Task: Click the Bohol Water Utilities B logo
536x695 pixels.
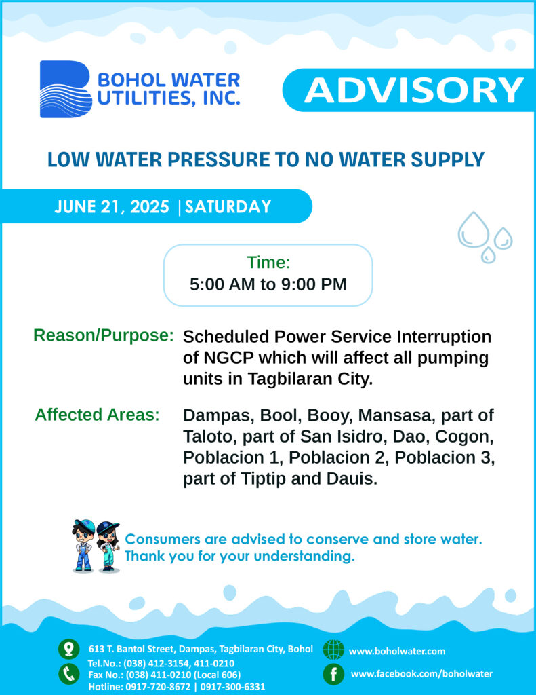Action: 66,89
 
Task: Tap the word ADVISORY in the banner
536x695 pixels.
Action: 414,90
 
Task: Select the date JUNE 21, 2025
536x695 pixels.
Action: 112,207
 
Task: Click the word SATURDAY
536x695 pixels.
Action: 228,207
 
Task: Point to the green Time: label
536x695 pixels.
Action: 268,263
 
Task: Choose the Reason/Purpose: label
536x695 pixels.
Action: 104,335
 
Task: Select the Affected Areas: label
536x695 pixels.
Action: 97,415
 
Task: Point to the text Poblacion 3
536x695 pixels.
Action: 445,457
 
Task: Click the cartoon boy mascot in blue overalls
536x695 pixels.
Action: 84,545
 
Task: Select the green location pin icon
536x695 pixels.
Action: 68,650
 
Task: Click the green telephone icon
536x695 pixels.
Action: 68,674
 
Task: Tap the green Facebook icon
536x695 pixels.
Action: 333,674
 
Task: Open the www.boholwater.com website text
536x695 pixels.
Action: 397,651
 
